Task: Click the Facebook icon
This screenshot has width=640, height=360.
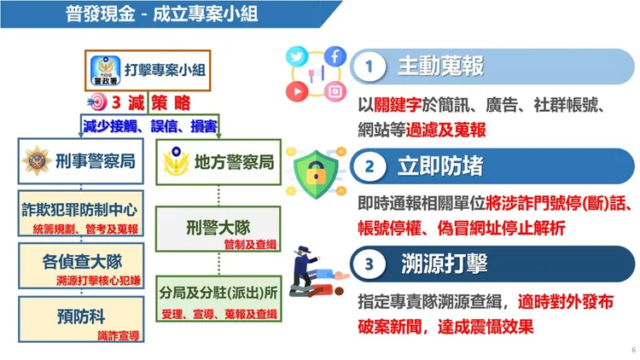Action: [x=334, y=57]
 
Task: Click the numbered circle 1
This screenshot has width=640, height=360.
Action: [x=369, y=66]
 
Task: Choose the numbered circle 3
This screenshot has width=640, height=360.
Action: [x=369, y=264]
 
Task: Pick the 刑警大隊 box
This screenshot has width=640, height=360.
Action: [x=219, y=229]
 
